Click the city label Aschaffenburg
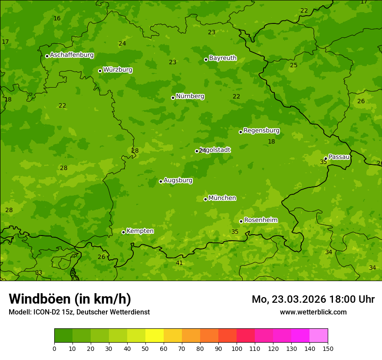(72, 55)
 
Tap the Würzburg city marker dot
(100, 71)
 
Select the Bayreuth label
(223, 58)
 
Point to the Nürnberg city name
(190, 96)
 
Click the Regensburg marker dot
(240, 132)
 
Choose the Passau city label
(339, 157)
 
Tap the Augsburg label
(178, 180)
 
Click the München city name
(222, 198)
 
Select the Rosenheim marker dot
(241, 221)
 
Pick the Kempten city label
(140, 231)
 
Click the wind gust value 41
(179, 263)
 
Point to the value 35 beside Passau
(323, 162)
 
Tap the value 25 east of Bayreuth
(294, 65)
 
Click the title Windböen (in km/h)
(70, 299)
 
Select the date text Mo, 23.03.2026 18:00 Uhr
(313, 299)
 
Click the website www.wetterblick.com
(313, 312)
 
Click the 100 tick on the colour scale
(237, 348)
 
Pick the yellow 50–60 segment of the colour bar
(155, 336)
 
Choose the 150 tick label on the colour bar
(327, 348)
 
